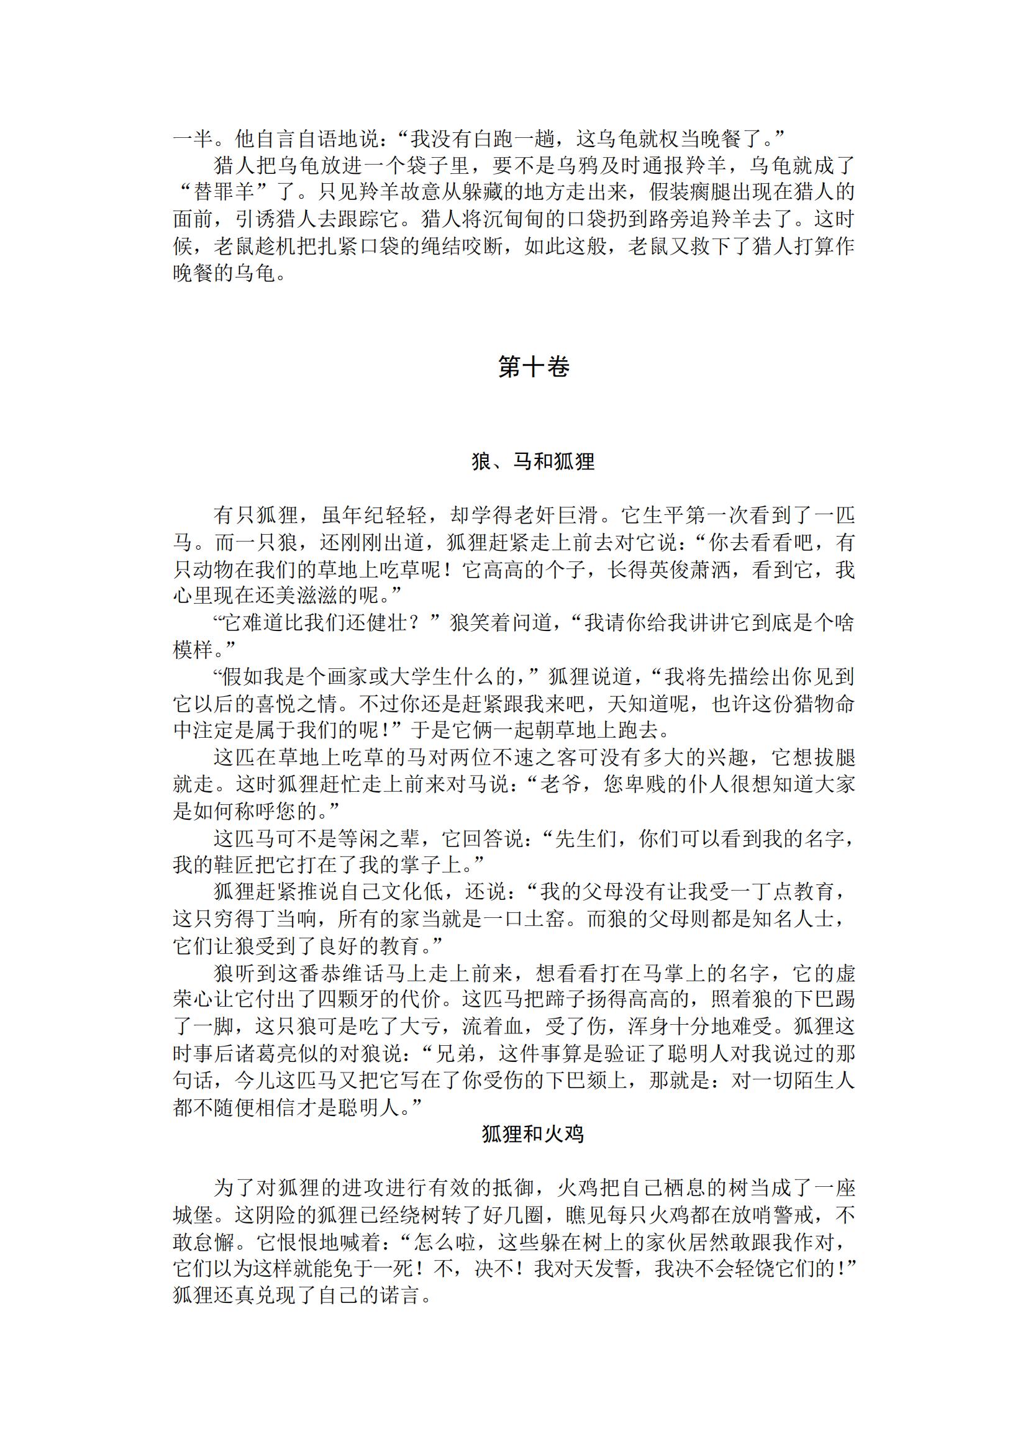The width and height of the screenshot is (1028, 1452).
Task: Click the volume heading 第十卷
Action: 533,367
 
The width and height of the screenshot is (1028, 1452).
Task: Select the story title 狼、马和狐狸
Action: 533,461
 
